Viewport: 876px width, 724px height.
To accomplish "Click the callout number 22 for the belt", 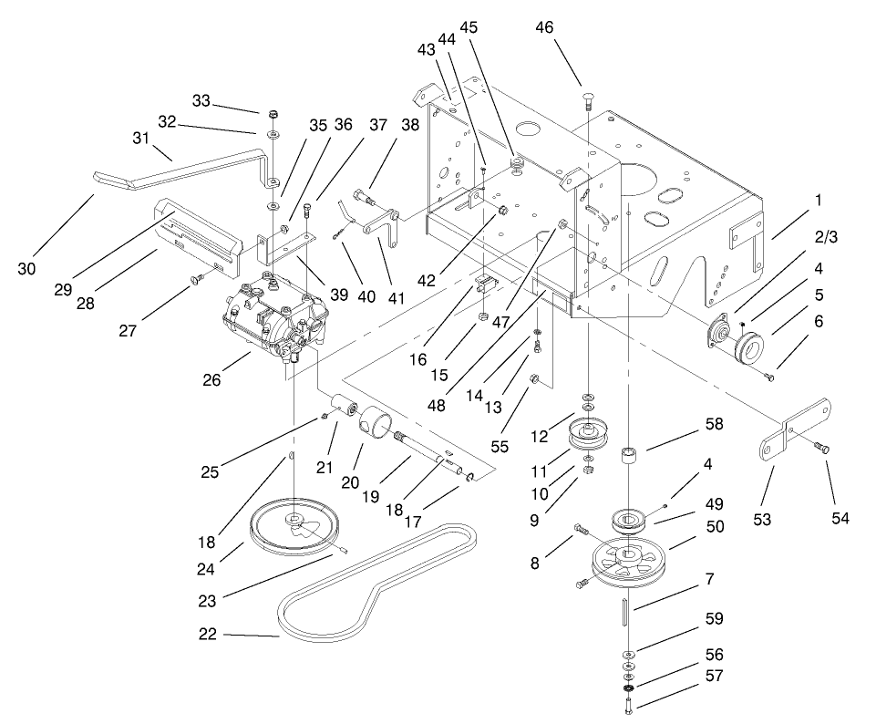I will tap(208, 635).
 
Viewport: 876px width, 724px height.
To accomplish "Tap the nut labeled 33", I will tap(273, 115).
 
